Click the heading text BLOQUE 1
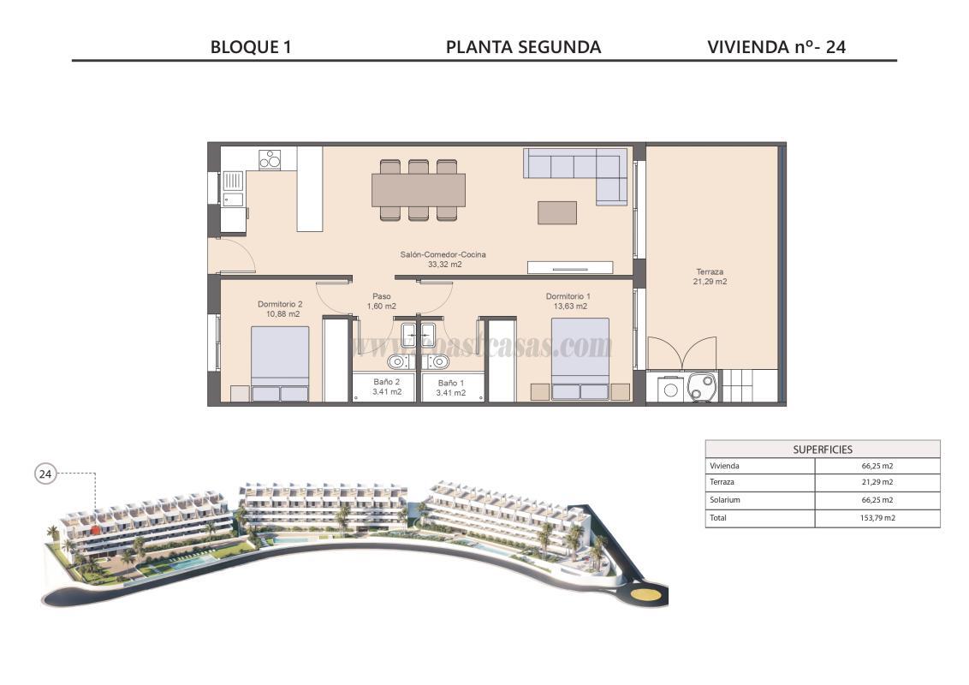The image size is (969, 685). click(x=251, y=47)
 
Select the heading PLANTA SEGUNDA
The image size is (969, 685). click(x=523, y=47)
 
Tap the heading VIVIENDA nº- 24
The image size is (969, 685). click(x=776, y=47)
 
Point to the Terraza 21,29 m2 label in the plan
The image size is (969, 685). click(x=710, y=277)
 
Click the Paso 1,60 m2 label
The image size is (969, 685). click(x=381, y=301)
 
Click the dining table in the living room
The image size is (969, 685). click(x=419, y=190)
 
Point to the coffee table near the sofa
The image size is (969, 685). click(x=556, y=212)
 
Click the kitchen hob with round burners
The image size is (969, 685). click(x=270, y=159)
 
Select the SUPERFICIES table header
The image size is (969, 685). click(x=822, y=449)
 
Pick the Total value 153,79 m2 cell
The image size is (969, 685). click(x=877, y=518)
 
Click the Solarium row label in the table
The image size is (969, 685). click(x=724, y=500)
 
